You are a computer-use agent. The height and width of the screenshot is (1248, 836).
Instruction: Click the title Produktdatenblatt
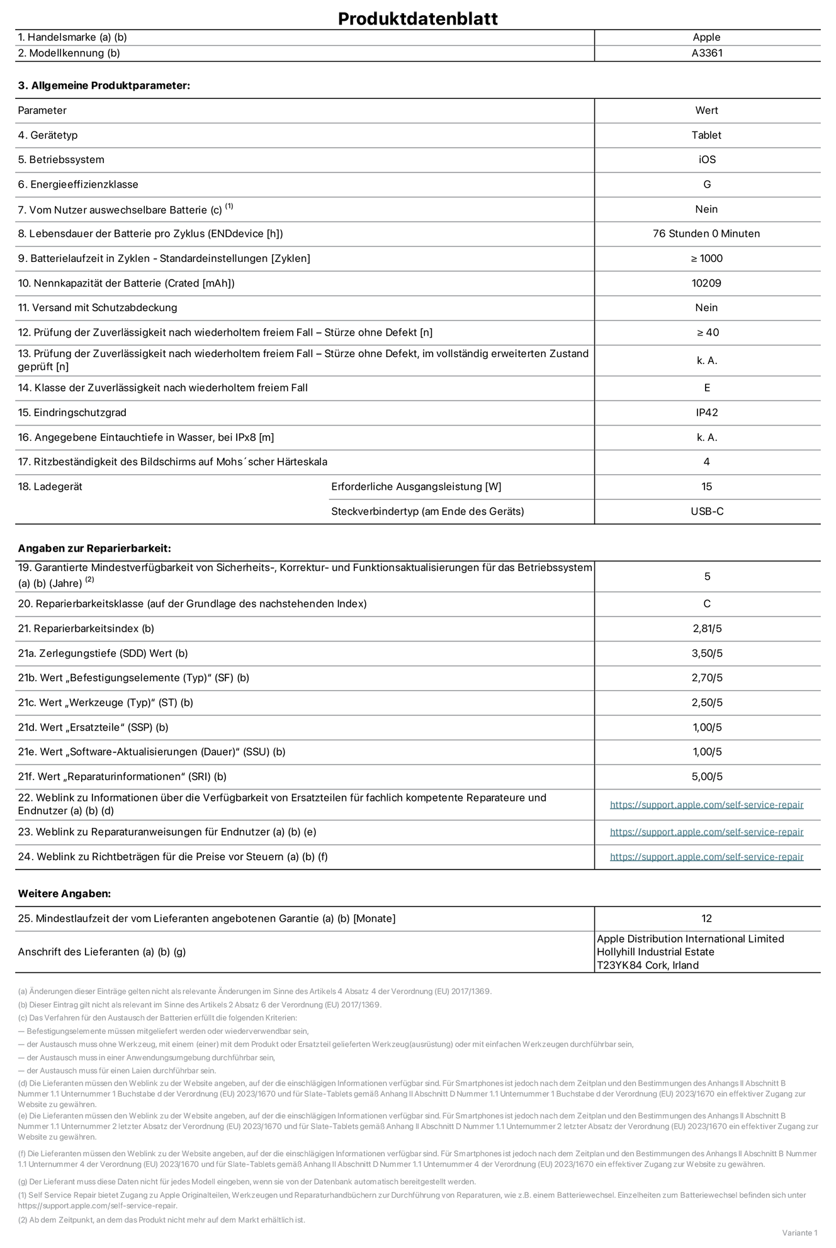pos(417,18)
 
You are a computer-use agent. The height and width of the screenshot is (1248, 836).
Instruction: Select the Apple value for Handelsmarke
pos(706,37)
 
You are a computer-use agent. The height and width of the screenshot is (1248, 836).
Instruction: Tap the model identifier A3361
pos(706,54)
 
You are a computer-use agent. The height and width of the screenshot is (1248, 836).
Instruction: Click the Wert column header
pos(706,110)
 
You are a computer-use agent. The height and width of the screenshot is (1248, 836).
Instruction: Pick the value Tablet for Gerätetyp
pos(706,135)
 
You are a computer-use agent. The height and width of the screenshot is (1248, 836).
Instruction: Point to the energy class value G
pos(706,184)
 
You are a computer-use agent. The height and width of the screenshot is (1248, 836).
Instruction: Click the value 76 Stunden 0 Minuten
pos(706,234)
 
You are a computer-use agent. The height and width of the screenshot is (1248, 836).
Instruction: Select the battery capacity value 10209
pos(706,283)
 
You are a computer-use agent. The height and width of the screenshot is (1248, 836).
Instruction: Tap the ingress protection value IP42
pos(706,412)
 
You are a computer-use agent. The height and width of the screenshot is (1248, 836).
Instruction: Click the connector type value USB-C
pos(706,511)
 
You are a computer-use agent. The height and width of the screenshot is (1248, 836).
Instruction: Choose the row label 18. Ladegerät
pos(50,487)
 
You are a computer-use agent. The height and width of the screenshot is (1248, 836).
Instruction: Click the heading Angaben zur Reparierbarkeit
pos(94,548)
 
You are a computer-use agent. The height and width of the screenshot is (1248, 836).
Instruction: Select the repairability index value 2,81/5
pos(706,628)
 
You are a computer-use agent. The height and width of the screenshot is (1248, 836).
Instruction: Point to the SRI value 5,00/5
pos(706,776)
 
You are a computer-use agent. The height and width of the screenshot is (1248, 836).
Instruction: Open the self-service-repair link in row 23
pos(706,832)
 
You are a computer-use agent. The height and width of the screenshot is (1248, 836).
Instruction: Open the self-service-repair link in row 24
pos(706,856)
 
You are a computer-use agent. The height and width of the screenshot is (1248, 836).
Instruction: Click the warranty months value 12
pos(706,919)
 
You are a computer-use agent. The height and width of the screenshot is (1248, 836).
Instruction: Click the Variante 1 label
pos(799,1232)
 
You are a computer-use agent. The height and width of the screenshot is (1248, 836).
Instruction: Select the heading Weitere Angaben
pos(64,893)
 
